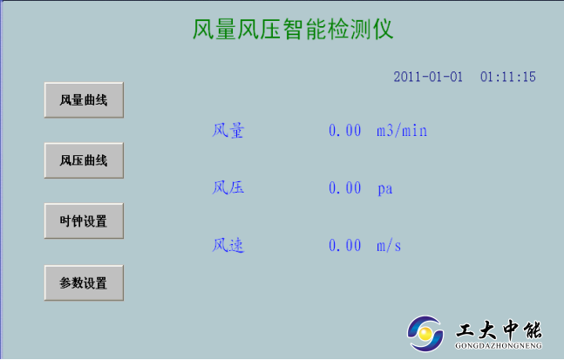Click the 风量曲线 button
point(84,100)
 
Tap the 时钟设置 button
point(84,221)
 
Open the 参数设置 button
point(84,282)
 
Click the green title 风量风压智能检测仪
point(293,29)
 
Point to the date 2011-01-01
point(428,77)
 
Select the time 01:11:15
point(508,77)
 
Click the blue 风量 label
point(228,130)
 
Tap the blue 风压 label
point(228,187)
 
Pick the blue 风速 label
point(228,246)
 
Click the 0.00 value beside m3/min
point(345,130)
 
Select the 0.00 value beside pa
point(345,187)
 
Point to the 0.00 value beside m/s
point(345,246)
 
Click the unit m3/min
point(402,130)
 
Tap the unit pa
point(385,189)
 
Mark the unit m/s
point(389,246)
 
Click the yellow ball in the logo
point(425,334)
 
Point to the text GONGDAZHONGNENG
point(499,346)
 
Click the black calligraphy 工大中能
point(499,329)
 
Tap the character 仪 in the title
point(383,29)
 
